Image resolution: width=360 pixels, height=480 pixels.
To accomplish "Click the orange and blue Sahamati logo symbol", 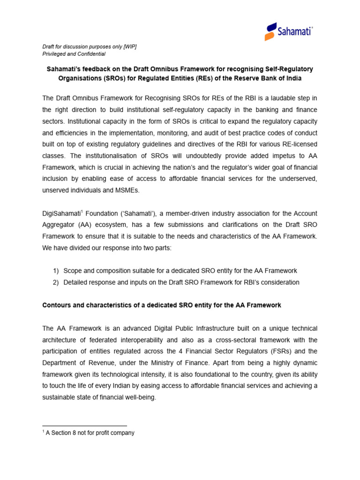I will pyautogui.click(x=270, y=32).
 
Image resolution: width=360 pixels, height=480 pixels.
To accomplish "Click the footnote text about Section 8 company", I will pyautogui.click(x=90, y=433).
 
